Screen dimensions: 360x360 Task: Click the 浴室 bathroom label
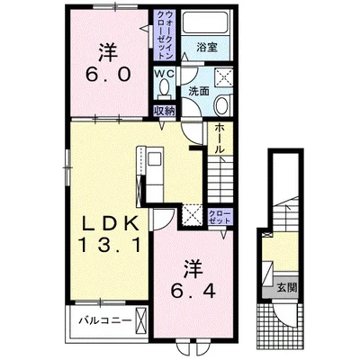(207, 47)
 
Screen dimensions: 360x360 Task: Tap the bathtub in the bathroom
(206, 22)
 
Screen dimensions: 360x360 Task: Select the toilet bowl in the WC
(164, 87)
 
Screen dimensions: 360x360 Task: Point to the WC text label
(164, 74)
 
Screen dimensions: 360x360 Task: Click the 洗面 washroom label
(199, 91)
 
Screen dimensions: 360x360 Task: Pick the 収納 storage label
(164, 111)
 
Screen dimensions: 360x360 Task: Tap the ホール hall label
(220, 138)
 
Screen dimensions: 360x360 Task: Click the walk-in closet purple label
(165, 35)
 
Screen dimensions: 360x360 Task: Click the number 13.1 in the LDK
(110, 245)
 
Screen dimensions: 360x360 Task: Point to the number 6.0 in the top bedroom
(108, 74)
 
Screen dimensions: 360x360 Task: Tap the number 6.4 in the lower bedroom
(193, 291)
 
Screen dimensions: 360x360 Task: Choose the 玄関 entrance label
(286, 288)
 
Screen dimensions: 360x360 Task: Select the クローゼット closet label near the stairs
(220, 217)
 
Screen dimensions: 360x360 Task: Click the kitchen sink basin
(155, 158)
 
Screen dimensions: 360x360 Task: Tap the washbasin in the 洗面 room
(222, 105)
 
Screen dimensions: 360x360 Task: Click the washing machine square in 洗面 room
(224, 78)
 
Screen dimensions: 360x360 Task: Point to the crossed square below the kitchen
(193, 214)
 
